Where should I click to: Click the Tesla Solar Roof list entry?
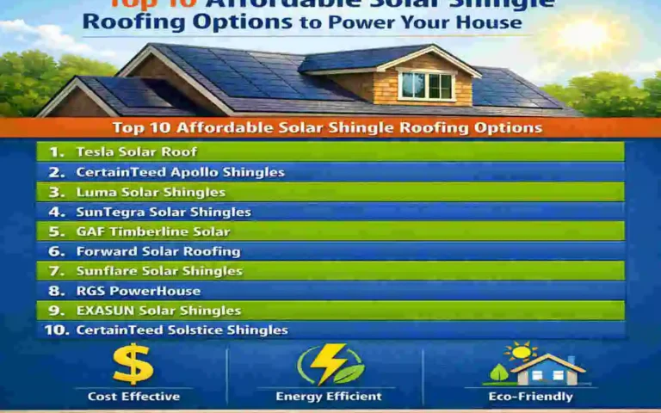(136, 151)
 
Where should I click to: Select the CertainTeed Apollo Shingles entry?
(180, 172)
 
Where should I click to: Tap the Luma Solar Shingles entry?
(151, 192)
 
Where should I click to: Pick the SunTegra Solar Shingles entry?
(164, 212)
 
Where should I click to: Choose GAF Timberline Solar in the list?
(152, 231)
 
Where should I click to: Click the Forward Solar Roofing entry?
(158, 251)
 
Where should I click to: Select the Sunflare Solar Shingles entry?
(159, 271)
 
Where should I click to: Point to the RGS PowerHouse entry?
(138, 291)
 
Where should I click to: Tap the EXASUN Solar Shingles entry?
(158, 311)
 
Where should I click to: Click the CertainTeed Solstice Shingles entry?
(182, 330)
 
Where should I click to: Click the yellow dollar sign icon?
(133, 364)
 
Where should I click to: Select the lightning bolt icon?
(328, 364)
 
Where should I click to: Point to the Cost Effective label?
(133, 397)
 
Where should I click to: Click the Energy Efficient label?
(329, 397)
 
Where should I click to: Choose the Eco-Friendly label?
(530, 397)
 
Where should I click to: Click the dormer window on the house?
(426, 85)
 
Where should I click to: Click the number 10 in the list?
(56, 330)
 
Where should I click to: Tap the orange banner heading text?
(327, 128)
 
